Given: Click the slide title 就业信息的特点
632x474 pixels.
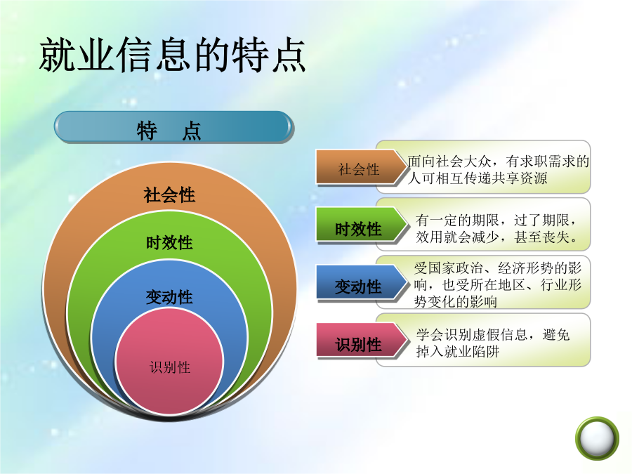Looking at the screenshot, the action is [x=172, y=55].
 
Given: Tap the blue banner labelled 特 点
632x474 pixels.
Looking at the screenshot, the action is [x=173, y=127].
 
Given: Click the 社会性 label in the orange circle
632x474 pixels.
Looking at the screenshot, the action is [x=169, y=195].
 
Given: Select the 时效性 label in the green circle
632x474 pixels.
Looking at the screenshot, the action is [x=169, y=243].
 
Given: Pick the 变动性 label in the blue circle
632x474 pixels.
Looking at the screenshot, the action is [x=169, y=298].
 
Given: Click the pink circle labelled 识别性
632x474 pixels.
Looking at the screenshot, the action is [x=169, y=362].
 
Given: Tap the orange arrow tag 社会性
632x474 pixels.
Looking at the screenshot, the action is [x=361, y=168].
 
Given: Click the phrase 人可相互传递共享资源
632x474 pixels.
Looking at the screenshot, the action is [x=478, y=178].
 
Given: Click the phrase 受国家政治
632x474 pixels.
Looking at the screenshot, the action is [x=449, y=268].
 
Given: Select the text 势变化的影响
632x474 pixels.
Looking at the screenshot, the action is [x=456, y=301].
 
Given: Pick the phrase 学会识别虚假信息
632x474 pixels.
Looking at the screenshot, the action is [x=472, y=334].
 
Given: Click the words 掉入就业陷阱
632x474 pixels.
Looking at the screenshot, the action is [x=458, y=352].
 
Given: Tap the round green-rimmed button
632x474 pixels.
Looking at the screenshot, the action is [x=597, y=438].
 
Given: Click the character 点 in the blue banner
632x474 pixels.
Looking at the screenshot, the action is [x=192, y=131].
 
